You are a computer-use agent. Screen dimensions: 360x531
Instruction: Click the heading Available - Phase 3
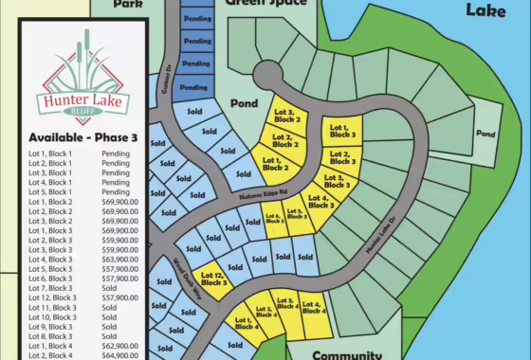pos(83,137)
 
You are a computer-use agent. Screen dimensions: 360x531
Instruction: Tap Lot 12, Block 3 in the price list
pos(52,297)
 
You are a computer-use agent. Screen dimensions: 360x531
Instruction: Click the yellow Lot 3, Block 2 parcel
pos(285,115)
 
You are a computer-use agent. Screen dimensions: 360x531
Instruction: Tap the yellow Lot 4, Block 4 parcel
pos(314,306)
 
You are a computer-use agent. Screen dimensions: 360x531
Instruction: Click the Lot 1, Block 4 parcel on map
pos(244,323)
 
